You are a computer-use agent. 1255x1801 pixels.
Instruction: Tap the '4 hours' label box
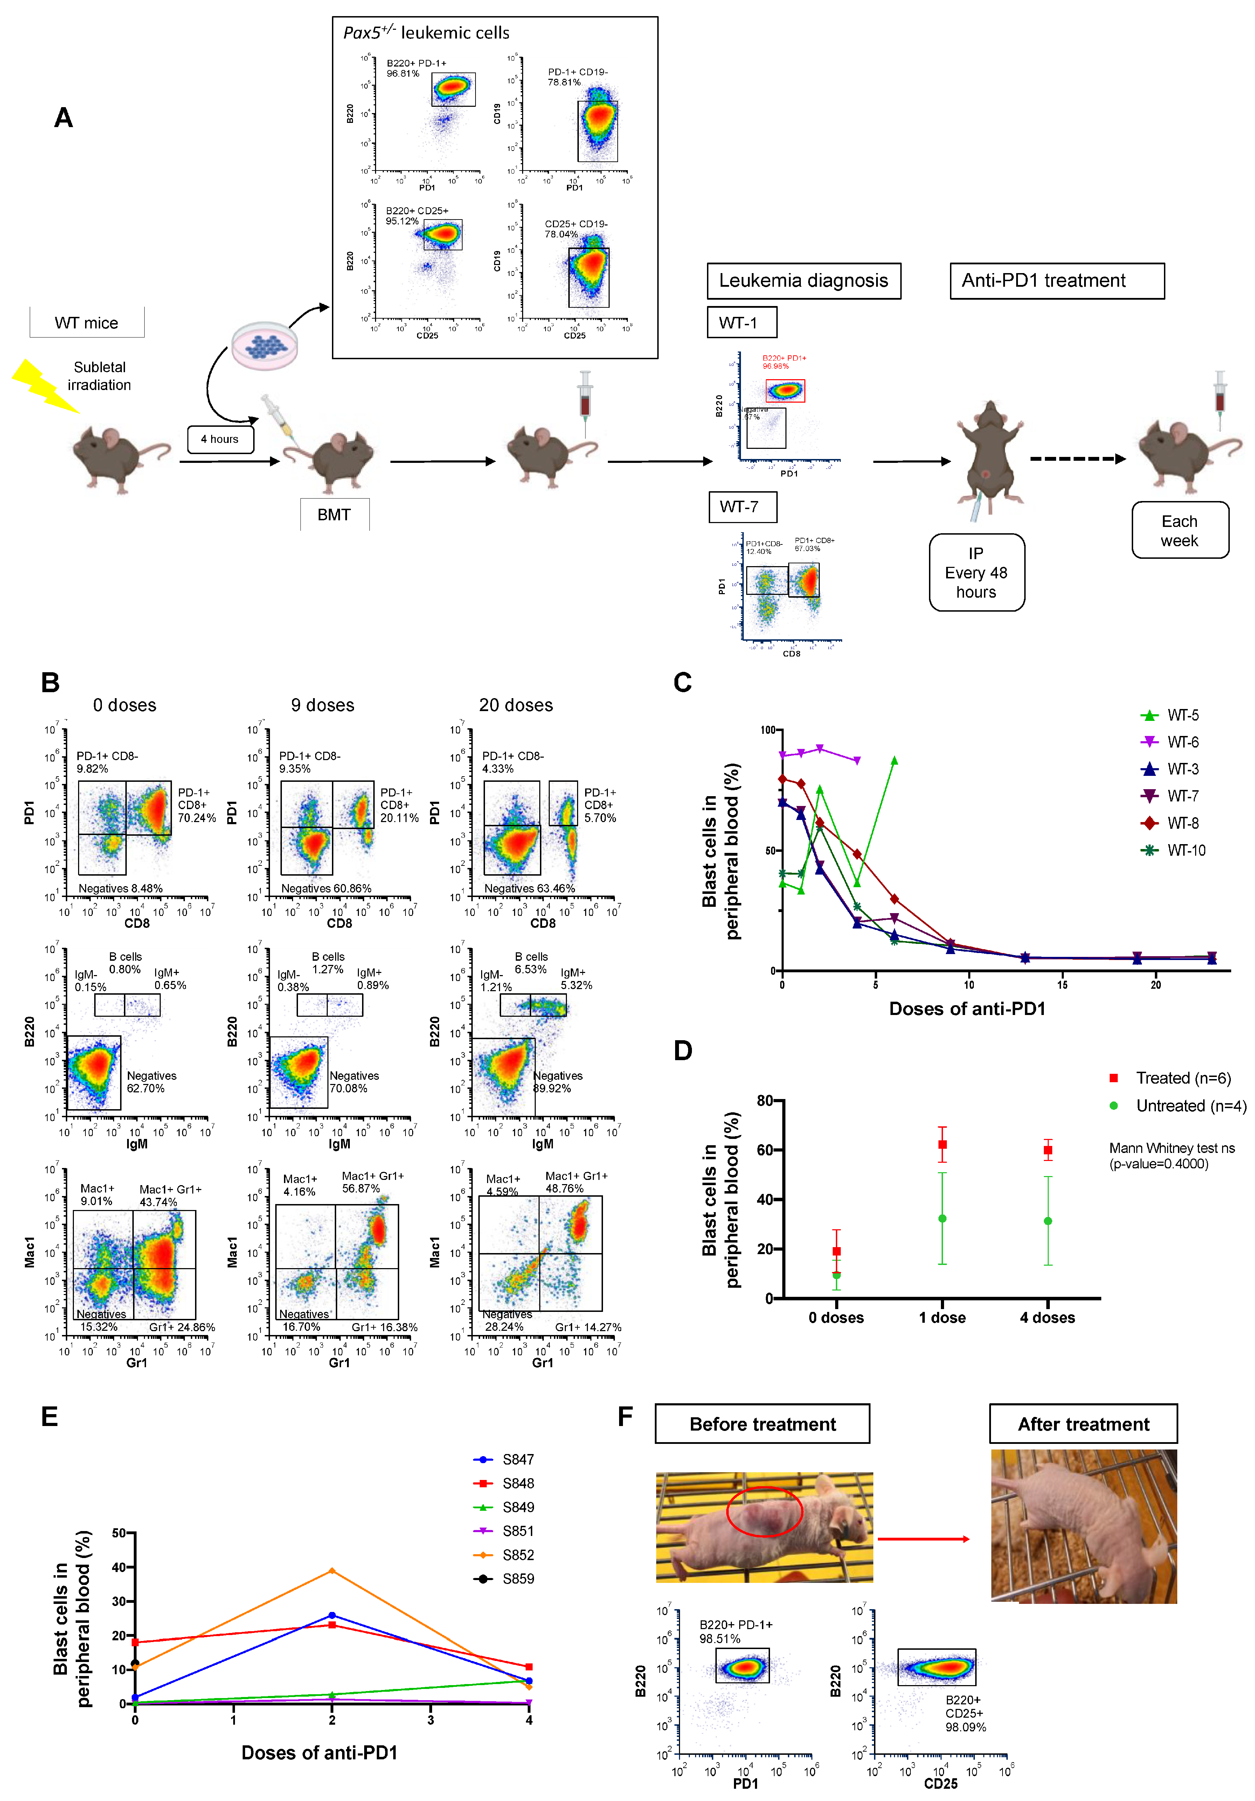pyautogui.click(x=220, y=439)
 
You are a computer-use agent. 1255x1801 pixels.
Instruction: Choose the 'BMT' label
pyautogui.click(x=334, y=515)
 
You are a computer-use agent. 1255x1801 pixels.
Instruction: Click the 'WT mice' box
pyautogui.click(x=86, y=322)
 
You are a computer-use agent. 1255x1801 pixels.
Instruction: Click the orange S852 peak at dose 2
pyautogui.click(x=332, y=1570)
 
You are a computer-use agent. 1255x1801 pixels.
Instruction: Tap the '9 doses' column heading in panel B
pyautogui.click(x=323, y=705)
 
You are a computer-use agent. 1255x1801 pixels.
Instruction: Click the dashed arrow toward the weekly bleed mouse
pyautogui.click(x=1076, y=459)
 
